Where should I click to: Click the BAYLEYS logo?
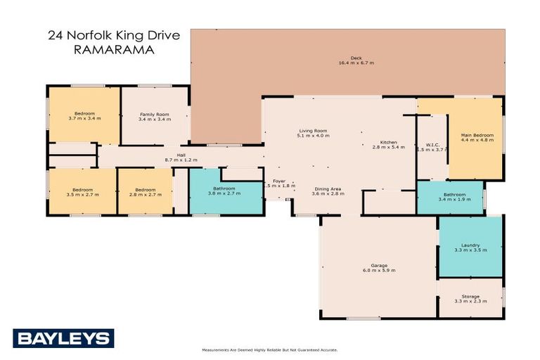coord(63,338)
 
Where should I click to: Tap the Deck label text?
coord(356,58)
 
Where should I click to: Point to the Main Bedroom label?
coord(477,135)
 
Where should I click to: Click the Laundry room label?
coord(470,245)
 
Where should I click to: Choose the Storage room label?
coord(470,297)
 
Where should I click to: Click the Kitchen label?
coord(389,142)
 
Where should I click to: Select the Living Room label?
coord(313,131)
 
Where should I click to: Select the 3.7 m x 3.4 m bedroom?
coord(84,115)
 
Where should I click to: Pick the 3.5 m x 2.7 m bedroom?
coord(82,191)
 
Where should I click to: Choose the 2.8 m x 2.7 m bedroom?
coord(145,191)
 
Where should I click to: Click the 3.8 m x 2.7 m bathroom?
coord(224,191)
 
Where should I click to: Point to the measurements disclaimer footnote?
coord(270,349)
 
